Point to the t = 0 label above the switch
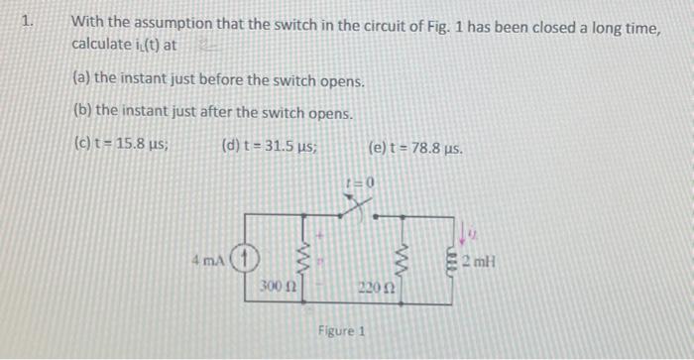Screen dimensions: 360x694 pyautogui.click(x=358, y=183)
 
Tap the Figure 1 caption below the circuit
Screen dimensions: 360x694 pyautogui.click(x=342, y=330)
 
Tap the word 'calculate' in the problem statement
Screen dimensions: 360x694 pyautogui.click(x=100, y=45)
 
